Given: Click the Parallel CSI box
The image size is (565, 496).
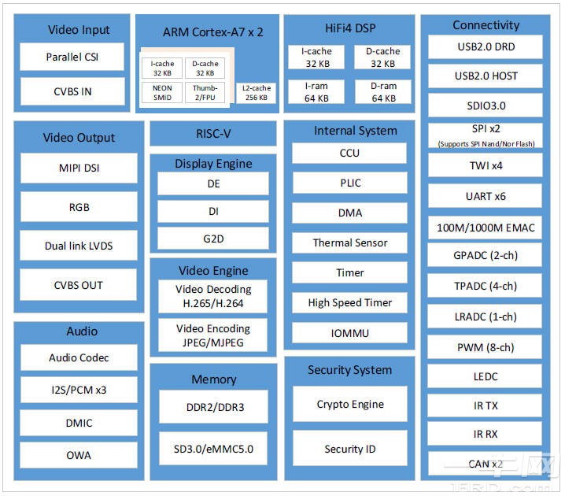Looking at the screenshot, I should [72, 57].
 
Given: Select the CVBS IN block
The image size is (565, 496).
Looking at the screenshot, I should [72, 91].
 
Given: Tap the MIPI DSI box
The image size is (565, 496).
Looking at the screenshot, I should [79, 168].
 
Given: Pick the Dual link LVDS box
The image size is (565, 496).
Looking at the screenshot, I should [79, 246].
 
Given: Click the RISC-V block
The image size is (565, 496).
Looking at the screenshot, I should [213, 134].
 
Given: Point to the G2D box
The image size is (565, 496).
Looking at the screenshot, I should [213, 239].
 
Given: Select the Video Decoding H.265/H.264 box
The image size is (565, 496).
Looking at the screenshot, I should [213, 296].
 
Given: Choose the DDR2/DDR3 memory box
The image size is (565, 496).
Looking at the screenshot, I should [213, 408].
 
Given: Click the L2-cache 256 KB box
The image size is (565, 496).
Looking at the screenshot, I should [257, 94].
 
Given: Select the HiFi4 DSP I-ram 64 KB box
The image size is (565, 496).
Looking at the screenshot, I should [316, 92].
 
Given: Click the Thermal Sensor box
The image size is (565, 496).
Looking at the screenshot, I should [350, 243].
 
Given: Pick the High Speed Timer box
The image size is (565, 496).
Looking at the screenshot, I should [350, 303].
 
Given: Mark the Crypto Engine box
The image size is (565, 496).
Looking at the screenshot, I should [350, 404].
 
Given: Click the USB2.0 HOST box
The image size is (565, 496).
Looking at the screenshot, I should [486, 76].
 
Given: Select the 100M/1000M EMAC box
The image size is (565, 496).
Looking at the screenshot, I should [486, 228].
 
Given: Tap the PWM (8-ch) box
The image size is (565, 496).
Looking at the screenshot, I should [486, 347].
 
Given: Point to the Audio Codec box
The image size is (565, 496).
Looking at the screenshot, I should [79, 358].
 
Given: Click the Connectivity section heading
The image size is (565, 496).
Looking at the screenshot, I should [486, 25].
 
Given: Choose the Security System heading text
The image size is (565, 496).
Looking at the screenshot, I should [350, 370].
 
